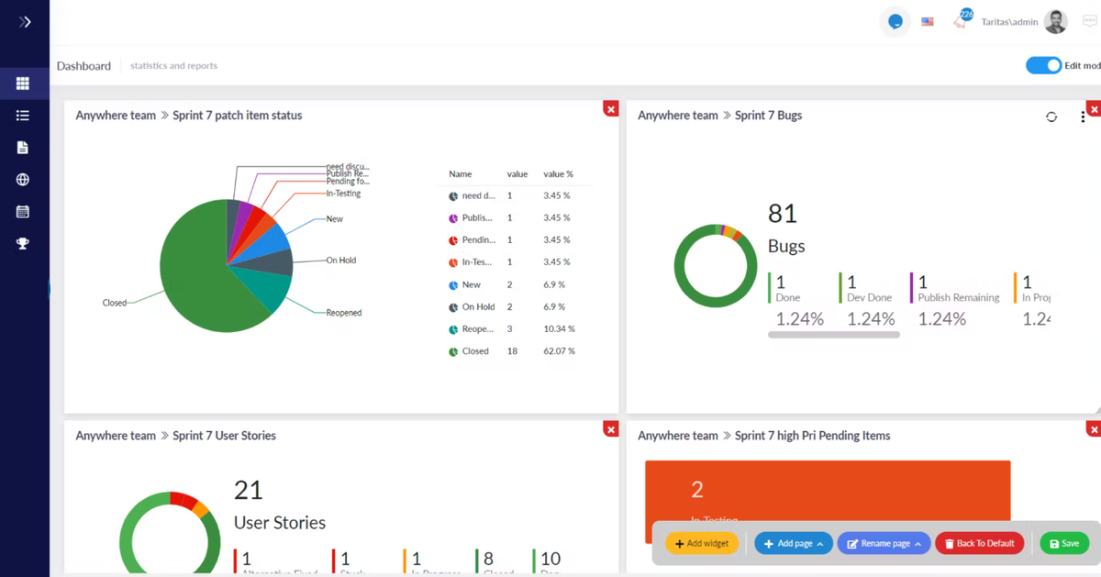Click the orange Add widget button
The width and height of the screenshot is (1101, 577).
pyautogui.click(x=702, y=544)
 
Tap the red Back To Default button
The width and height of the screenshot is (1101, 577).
pyautogui.click(x=980, y=544)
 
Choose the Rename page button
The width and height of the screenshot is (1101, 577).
pyautogui.click(x=884, y=544)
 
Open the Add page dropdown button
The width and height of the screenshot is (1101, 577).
pyautogui.click(x=794, y=544)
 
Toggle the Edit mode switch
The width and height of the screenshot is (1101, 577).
pyautogui.click(x=1043, y=66)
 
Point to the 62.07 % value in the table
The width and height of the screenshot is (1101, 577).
pyautogui.click(x=559, y=351)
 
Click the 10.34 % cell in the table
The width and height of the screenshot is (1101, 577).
pyautogui.click(x=559, y=329)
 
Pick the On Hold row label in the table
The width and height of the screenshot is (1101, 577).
pyautogui.click(x=478, y=307)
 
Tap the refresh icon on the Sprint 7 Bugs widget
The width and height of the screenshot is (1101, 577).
pyautogui.click(x=1051, y=117)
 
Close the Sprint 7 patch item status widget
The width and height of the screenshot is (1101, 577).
pyautogui.click(x=611, y=109)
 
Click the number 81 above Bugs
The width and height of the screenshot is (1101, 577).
pyautogui.click(x=782, y=214)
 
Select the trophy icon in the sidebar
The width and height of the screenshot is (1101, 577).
pyautogui.click(x=23, y=244)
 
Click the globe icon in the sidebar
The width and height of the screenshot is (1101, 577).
pyautogui.click(x=23, y=180)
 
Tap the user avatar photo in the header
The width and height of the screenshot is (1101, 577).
pyautogui.click(x=1056, y=22)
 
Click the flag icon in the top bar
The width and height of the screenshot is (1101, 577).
pyautogui.click(x=928, y=22)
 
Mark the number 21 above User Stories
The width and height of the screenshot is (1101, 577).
pyautogui.click(x=248, y=490)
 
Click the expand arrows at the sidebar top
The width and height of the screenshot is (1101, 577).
pyautogui.click(x=25, y=22)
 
